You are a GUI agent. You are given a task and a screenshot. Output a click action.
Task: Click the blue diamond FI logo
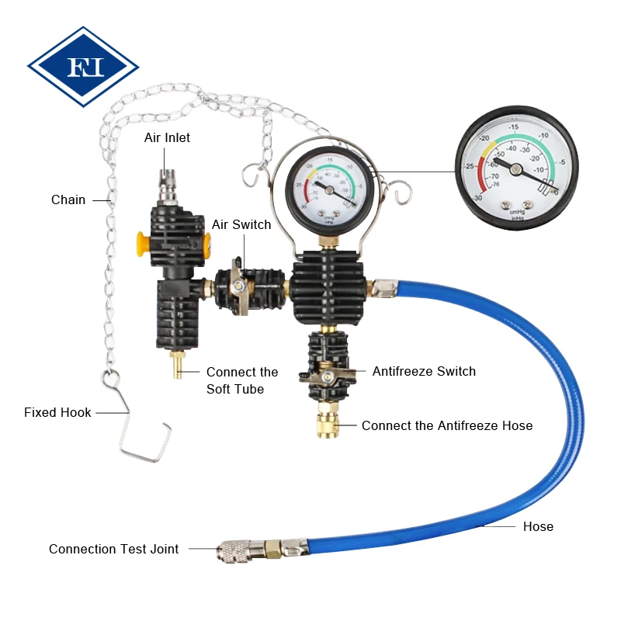(82, 67)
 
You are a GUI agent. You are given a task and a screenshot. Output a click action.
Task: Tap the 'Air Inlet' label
(167, 137)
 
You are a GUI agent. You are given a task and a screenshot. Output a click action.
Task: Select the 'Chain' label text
(68, 199)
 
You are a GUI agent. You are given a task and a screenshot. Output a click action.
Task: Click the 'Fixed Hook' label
(57, 412)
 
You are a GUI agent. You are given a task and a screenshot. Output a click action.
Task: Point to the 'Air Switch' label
(241, 224)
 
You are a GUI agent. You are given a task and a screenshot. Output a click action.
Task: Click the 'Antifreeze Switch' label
(424, 371)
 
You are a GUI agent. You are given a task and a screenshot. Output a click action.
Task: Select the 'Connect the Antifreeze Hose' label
(447, 425)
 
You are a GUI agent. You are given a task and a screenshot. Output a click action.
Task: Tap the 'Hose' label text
(538, 526)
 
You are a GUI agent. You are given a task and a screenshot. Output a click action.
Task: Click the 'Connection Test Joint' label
(113, 549)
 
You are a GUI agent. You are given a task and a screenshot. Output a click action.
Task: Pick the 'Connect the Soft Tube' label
(242, 380)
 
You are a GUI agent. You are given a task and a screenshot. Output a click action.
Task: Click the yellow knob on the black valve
(141, 243)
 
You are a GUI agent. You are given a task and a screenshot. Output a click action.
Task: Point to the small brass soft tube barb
(178, 363)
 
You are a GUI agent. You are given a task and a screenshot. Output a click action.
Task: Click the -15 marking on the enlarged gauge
(513, 127)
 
